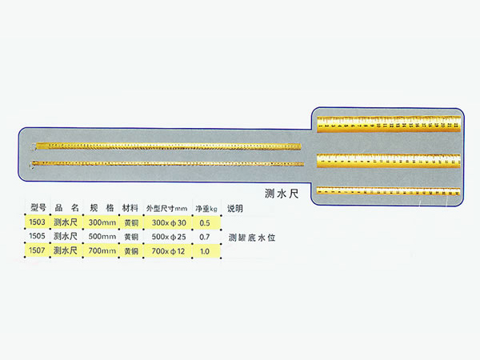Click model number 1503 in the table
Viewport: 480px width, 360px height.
coord(36,222)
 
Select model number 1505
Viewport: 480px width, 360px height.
coord(36,237)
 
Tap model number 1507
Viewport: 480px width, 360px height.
coord(36,250)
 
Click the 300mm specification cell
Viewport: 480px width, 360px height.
coord(102,222)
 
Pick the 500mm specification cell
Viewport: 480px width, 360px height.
coord(102,237)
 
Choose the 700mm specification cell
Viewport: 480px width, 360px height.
coord(102,250)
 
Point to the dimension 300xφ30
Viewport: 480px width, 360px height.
coord(168,222)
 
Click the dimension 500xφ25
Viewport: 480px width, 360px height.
coord(168,237)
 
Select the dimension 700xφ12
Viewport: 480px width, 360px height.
coord(168,250)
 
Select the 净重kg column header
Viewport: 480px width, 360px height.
coord(206,207)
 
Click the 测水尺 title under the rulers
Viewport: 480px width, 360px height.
coord(281,193)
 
